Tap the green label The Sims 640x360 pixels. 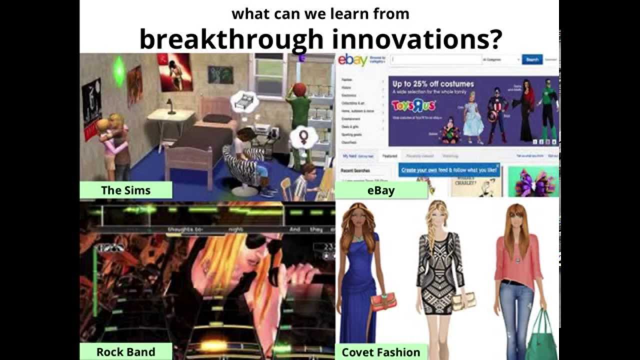pos(125,190)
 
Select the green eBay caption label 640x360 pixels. pos(381,190)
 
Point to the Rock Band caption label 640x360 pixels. pos(125,351)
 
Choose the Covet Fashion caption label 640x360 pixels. pos(381,352)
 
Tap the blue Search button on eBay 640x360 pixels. pos(532,59)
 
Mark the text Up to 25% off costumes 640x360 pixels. pos(432,84)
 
